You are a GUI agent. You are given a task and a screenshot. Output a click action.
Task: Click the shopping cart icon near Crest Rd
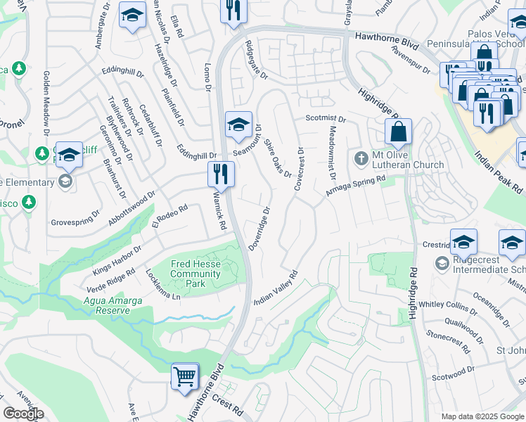(185, 376)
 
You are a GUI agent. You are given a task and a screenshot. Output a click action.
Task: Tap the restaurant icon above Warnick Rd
(221, 174)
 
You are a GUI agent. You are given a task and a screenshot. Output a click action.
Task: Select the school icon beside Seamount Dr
(238, 125)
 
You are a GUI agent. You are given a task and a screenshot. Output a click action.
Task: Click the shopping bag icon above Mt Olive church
(398, 132)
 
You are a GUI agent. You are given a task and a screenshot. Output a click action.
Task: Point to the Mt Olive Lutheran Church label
(408, 160)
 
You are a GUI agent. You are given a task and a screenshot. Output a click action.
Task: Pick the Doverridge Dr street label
(259, 229)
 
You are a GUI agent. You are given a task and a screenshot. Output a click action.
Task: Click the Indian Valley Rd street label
(276, 288)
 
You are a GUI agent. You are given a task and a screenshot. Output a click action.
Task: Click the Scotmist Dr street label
(326, 119)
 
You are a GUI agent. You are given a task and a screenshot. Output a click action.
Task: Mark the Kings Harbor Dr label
(117, 260)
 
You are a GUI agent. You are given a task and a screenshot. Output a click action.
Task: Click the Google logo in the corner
(23, 414)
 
